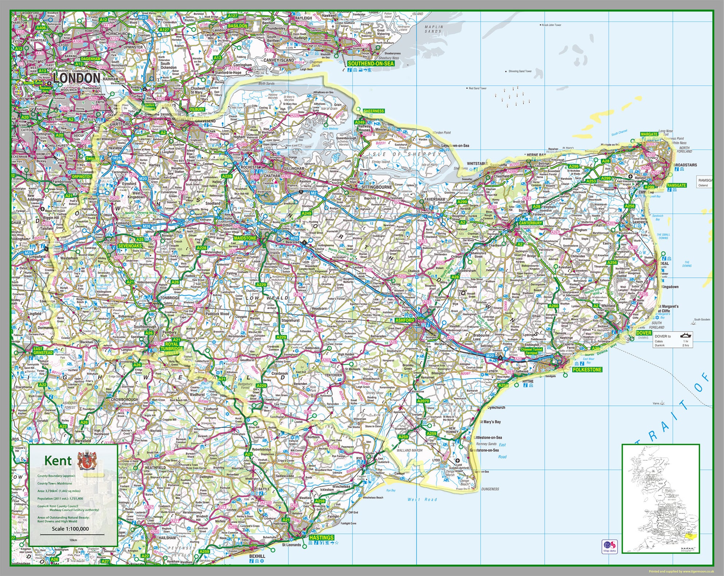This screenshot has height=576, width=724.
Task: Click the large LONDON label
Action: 77,78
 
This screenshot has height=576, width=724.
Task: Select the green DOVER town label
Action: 643,333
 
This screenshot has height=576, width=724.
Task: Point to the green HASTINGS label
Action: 321,537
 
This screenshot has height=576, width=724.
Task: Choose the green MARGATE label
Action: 649,134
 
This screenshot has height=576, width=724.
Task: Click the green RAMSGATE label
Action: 677,185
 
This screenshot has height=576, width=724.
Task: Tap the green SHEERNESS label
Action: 373,111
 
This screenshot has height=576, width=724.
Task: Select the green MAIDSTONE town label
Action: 245,238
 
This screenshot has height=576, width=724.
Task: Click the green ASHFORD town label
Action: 405,320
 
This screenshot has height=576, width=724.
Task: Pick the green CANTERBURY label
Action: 531,222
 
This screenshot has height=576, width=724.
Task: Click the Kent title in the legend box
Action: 58,460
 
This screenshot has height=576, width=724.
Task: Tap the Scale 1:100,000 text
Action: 70,529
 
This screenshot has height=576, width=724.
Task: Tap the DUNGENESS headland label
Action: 490,489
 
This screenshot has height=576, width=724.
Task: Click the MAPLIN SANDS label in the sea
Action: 434,29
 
